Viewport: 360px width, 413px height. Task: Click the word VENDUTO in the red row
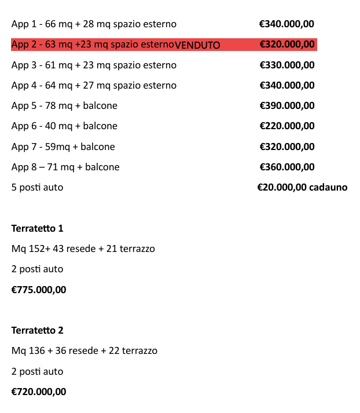[x=197, y=45]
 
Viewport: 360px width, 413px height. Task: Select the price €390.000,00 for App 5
[x=287, y=105]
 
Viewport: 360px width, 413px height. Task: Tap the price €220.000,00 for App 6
[x=287, y=126]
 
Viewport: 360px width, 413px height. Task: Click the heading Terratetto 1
[x=37, y=228]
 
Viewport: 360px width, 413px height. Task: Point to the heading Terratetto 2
[x=37, y=330]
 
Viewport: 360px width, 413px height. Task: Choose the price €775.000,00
[x=39, y=290]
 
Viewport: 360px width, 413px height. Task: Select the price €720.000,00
[x=39, y=392]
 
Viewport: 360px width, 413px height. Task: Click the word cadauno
[x=328, y=187]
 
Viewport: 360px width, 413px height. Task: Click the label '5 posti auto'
[x=37, y=188]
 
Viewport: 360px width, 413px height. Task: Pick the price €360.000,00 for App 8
[x=287, y=167]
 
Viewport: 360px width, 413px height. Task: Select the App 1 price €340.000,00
[x=287, y=24]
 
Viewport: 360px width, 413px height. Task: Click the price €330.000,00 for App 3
[x=287, y=65]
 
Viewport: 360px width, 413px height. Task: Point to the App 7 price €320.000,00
[x=287, y=147]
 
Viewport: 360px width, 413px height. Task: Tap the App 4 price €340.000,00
[x=287, y=85]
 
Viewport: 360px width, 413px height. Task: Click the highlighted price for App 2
[x=287, y=45]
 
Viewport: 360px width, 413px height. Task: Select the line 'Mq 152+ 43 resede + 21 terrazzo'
[x=83, y=249]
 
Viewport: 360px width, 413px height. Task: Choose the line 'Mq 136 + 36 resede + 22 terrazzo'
[x=84, y=350]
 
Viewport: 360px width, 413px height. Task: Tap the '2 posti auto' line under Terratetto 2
[x=37, y=371]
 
